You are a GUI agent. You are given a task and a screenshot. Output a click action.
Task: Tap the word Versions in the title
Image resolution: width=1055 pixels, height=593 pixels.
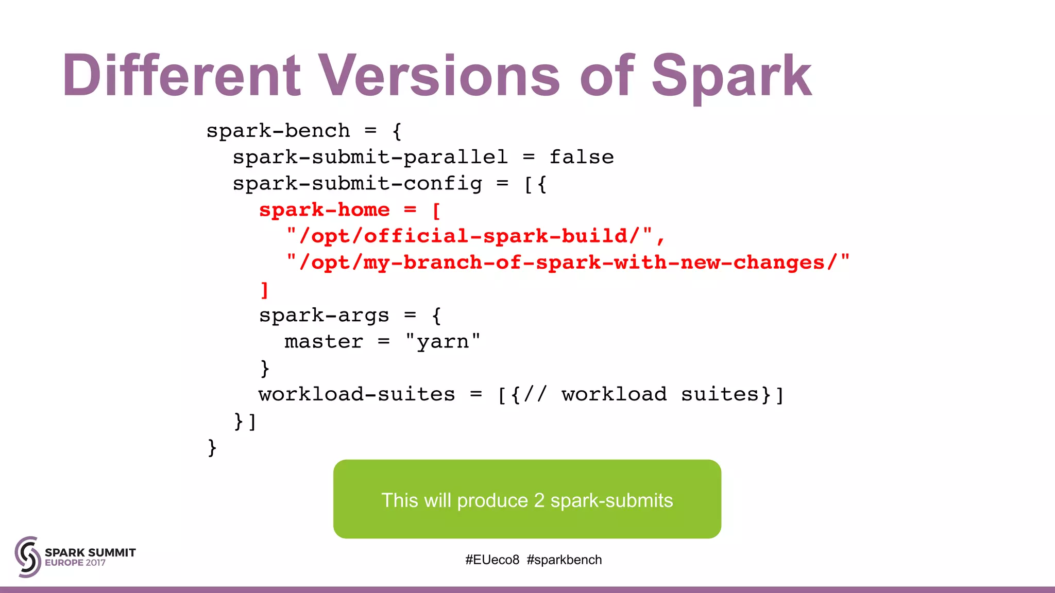pos(438,76)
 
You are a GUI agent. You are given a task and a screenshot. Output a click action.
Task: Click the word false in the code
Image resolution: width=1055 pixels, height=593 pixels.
pos(582,157)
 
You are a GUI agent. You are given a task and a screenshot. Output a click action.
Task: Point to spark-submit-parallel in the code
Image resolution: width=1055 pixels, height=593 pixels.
pos(370,157)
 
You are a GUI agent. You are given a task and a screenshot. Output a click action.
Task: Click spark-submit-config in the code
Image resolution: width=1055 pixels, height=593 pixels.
pos(358,184)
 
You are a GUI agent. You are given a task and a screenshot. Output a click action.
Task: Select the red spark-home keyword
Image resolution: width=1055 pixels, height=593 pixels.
pos(324,210)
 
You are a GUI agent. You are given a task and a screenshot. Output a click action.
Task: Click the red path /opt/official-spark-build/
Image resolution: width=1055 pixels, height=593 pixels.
pos(469,236)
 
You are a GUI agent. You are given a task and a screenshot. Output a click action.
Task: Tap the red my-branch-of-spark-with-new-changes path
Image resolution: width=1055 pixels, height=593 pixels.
pos(568,263)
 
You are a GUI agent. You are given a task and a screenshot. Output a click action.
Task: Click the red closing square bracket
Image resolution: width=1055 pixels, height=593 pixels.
pos(265,290)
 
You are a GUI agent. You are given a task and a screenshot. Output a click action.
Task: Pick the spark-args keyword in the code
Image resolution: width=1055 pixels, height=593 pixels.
pos(324,316)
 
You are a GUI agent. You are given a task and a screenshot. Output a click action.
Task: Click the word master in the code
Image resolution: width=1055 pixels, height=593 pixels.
pos(324,342)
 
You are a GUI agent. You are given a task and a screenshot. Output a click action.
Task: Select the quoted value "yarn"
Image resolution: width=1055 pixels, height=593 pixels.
pos(443,342)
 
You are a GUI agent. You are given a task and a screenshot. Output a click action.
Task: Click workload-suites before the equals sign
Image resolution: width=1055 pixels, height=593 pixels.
pos(357,395)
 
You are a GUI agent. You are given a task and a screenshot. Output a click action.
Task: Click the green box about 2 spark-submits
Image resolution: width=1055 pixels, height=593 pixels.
pos(527,499)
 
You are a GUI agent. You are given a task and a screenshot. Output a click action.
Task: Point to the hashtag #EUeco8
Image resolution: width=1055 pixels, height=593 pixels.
pos(492,560)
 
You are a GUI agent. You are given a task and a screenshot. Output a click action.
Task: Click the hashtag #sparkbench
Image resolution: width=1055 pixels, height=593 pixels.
pos(564,560)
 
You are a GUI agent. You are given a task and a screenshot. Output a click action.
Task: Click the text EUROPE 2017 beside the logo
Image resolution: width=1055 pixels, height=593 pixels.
pos(75,563)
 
